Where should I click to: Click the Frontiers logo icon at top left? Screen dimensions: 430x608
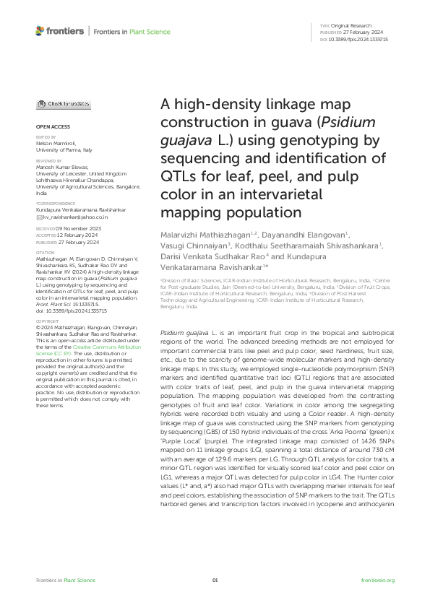(x=40, y=31)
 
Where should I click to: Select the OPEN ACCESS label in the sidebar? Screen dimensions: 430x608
(x=51, y=126)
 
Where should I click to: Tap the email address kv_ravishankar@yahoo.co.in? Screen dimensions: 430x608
(x=75, y=216)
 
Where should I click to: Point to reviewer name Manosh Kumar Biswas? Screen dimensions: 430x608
(x=61, y=168)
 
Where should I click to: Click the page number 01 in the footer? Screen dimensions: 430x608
(x=215, y=580)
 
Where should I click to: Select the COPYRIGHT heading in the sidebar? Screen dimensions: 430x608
(x=48, y=339)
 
